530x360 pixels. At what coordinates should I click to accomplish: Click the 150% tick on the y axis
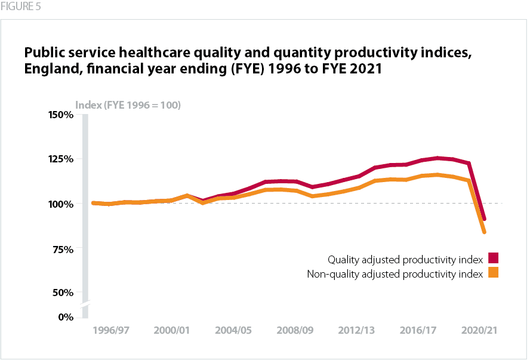click(x=60, y=114)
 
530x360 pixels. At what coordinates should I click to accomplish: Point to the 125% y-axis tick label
click(x=60, y=159)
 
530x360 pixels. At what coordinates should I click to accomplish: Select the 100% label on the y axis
click(x=60, y=204)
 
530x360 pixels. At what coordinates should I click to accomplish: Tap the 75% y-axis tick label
click(x=62, y=248)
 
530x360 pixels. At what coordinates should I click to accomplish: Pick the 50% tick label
click(x=62, y=293)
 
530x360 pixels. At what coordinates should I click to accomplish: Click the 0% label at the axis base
click(x=64, y=316)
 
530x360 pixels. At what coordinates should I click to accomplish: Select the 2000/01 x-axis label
click(x=172, y=330)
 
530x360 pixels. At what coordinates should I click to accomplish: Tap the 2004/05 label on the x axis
click(x=233, y=330)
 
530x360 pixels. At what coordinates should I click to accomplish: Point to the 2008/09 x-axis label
click(x=295, y=330)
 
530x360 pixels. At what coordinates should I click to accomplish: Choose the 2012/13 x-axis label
click(x=357, y=330)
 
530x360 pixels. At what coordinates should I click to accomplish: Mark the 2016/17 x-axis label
click(x=418, y=330)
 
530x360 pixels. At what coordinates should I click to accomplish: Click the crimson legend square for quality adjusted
click(x=493, y=258)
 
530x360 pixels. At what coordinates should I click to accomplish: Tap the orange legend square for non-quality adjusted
click(x=493, y=273)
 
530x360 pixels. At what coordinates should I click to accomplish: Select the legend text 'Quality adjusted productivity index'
click(x=405, y=260)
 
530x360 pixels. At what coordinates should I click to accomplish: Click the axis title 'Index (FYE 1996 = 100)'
click(x=128, y=105)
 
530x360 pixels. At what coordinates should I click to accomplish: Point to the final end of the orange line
click(x=485, y=232)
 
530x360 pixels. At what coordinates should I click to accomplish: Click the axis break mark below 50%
click(x=85, y=304)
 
